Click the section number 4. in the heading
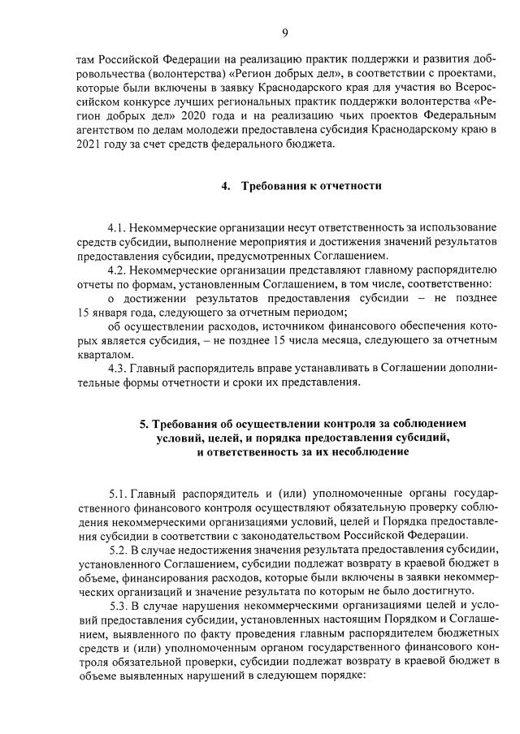coord(227,186)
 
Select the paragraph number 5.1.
coord(119,494)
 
